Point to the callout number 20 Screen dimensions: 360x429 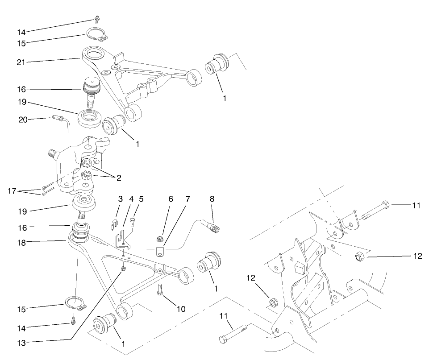[x=23, y=119]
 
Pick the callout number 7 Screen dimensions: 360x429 [x=187, y=199]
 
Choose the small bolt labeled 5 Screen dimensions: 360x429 [x=132, y=220]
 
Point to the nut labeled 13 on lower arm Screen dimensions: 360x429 [x=123, y=269]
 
